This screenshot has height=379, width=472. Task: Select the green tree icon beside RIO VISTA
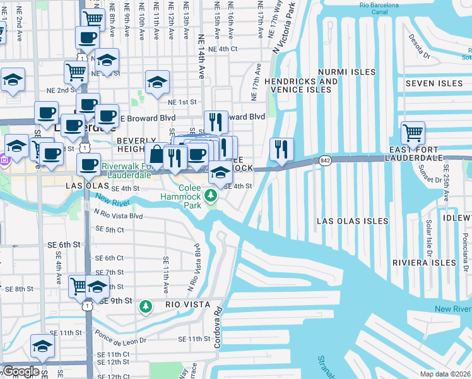146,306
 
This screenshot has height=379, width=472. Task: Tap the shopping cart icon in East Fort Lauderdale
413,133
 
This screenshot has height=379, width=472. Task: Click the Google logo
20,371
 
